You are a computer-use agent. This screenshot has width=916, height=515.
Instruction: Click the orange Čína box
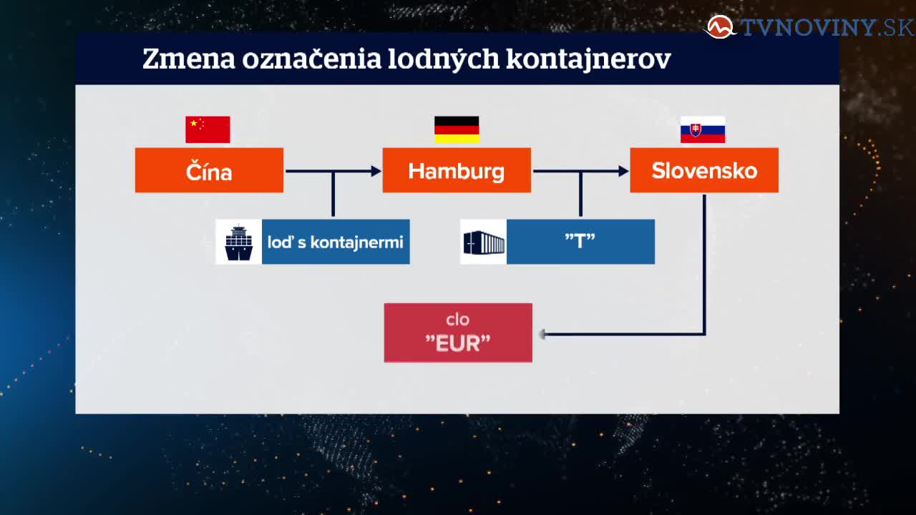tap(209, 170)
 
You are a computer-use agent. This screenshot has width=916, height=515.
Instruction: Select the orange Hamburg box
tap(457, 170)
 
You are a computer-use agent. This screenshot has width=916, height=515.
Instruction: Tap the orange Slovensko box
tap(704, 170)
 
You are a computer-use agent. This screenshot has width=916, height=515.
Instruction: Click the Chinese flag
tap(208, 129)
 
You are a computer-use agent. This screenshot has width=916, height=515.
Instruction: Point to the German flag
tap(457, 129)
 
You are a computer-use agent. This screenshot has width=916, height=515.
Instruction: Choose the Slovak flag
tap(703, 129)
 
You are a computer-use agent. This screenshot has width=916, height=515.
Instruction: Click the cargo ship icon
tap(239, 242)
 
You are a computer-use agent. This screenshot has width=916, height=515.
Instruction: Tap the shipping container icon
tap(484, 242)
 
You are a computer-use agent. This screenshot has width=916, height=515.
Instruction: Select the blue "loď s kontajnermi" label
tap(336, 242)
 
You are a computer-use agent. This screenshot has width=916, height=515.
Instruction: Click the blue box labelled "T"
tap(580, 242)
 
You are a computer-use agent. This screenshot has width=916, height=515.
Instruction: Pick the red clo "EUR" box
tap(458, 333)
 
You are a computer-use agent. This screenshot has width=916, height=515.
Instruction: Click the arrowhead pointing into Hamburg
tap(376, 171)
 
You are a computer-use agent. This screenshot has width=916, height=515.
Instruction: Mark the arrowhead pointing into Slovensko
tap(624, 171)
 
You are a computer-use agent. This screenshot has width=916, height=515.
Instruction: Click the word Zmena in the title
tap(189, 59)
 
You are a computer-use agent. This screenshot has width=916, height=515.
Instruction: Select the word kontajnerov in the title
tap(588, 59)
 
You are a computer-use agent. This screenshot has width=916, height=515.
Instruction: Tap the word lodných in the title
tap(443, 59)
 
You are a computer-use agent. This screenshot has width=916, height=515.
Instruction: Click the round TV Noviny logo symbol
tap(719, 27)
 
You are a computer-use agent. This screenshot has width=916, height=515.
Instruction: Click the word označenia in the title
tap(311, 59)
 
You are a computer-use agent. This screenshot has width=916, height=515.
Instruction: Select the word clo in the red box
tap(457, 320)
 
